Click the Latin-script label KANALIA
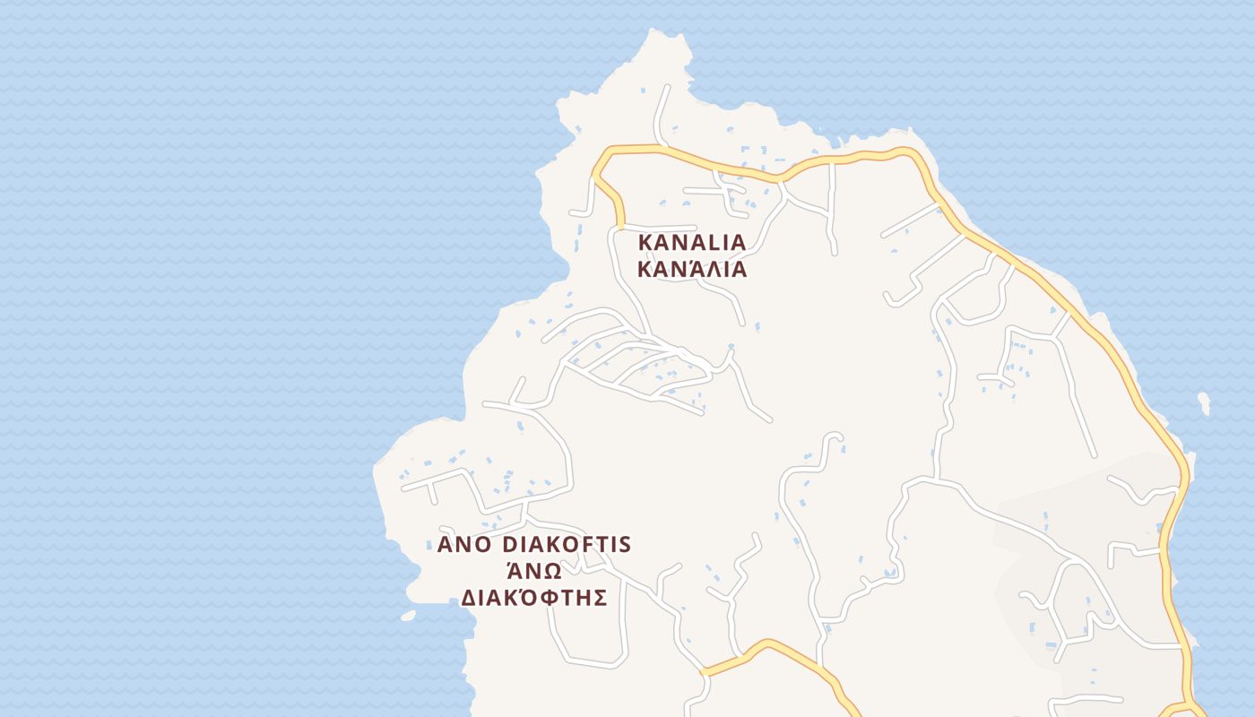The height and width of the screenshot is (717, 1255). pos(691,242)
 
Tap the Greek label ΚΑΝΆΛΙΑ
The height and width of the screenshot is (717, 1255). pos(691,269)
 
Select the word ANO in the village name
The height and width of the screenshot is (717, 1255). pos(464,545)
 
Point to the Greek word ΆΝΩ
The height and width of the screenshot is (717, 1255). pos(534,571)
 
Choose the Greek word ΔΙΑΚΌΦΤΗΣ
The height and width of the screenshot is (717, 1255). pos(534,598)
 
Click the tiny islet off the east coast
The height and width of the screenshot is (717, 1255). pos(1204,402)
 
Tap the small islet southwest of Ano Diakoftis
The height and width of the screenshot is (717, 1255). pos(408,616)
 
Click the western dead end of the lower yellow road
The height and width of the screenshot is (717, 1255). pos(705,670)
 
